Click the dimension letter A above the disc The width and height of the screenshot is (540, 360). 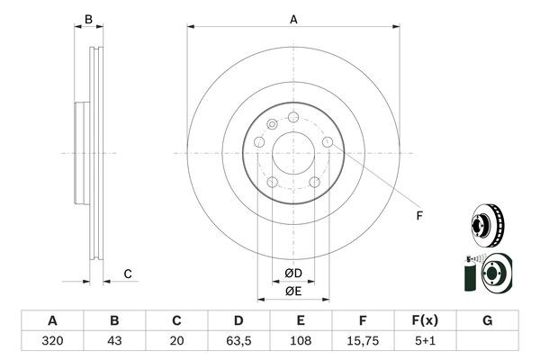click(293, 19)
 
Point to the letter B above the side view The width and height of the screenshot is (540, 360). click(88, 19)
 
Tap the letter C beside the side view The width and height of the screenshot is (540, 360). click(128, 274)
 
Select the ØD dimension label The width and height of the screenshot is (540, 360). click(293, 273)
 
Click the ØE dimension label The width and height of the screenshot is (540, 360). click(293, 290)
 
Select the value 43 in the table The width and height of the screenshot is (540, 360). click(114, 342)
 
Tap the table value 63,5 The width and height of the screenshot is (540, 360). click(238, 342)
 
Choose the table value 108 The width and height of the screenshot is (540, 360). click(301, 342)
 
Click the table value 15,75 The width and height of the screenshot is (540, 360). click(363, 342)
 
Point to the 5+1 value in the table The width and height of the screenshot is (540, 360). click(425, 342)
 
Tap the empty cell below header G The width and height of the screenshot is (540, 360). click(487, 342)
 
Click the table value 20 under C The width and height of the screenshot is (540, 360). click(176, 342)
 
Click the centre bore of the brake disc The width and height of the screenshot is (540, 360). click(293, 152)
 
